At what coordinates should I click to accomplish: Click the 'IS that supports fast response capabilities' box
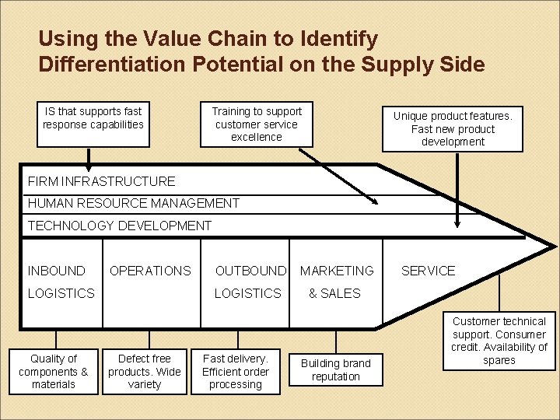(x=93, y=124)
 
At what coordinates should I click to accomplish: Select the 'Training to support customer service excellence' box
(x=257, y=124)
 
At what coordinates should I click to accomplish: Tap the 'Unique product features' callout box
(x=453, y=128)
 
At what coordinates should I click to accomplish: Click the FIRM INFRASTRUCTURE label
(x=102, y=182)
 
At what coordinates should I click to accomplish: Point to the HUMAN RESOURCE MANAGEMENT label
(x=134, y=204)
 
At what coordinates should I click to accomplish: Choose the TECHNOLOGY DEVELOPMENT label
(x=120, y=226)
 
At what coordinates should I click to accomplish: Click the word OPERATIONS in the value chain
(x=150, y=271)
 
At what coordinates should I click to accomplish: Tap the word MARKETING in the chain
(x=337, y=271)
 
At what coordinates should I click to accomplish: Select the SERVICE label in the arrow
(x=428, y=271)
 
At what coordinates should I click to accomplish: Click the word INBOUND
(x=57, y=271)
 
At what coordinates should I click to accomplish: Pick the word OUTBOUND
(x=250, y=271)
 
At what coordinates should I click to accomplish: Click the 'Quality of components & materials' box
(x=54, y=371)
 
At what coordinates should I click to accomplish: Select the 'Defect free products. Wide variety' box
(x=145, y=371)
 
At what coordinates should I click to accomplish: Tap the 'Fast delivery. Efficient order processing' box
(x=236, y=371)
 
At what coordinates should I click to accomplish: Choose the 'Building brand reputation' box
(x=336, y=370)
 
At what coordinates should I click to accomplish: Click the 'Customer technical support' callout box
(x=499, y=341)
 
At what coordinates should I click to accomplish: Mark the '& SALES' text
(x=334, y=293)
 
